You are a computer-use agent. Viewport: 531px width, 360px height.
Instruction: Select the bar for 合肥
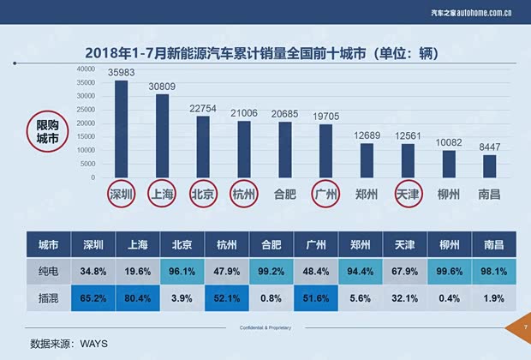coord(285,150)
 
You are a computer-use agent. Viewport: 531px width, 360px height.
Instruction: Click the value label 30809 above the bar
coord(162,87)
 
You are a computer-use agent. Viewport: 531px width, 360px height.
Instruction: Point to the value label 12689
coord(367,135)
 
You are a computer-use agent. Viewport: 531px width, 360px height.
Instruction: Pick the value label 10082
coord(448,142)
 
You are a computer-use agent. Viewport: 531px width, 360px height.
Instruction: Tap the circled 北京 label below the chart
coord(203,195)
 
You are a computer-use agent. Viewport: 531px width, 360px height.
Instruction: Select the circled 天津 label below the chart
coord(407,195)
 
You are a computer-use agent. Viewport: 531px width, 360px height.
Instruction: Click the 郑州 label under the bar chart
coord(367,195)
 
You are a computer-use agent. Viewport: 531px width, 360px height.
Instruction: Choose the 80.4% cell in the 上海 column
coord(137,298)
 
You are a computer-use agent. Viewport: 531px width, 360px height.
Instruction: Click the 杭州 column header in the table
coord(227,244)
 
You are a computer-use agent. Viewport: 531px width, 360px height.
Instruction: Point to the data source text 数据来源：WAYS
coord(69,343)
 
